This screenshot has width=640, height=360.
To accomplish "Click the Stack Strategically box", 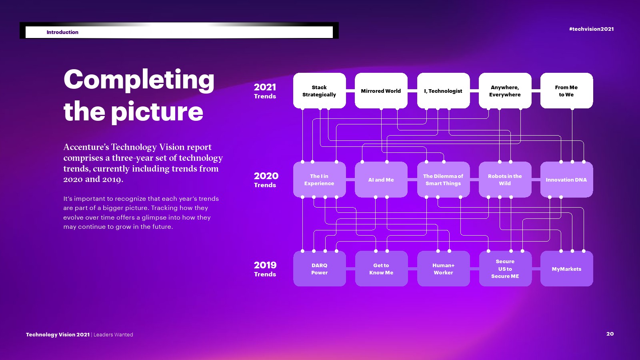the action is [320, 91].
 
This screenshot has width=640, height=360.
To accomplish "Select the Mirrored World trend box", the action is [381, 91].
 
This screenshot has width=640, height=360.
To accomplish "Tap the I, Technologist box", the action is [443, 91].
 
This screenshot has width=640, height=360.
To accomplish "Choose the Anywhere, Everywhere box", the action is [505, 91].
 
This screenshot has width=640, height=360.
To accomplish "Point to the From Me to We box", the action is [566, 91].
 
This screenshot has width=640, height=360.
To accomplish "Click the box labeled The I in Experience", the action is [320, 180].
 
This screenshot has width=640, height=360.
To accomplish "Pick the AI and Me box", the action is [381, 180].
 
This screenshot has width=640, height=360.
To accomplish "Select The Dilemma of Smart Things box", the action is [443, 180].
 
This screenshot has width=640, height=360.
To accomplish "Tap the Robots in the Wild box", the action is [505, 180].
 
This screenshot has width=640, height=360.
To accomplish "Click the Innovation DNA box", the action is [566, 180].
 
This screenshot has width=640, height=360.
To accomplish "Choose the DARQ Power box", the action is [320, 269].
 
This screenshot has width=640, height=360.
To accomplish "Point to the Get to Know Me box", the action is [381, 269].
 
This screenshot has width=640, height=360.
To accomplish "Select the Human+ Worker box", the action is [443, 269].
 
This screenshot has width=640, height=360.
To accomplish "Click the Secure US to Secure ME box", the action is [505, 269].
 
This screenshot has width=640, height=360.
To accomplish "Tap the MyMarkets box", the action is [566, 269].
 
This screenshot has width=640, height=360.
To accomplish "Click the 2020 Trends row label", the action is [266, 180].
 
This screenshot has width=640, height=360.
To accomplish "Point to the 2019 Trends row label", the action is [265, 269].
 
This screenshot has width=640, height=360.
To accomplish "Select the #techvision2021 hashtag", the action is [592, 29].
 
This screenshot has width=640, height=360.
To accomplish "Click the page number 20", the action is [610, 334].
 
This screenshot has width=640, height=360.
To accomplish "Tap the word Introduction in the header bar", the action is [62, 32].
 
